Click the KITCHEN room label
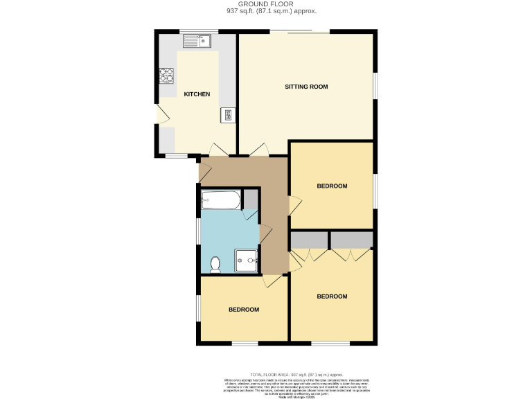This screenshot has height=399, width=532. coord(197,94)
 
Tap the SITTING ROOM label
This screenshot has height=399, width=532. coord(306,87)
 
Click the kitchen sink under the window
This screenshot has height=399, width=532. coord(197,42)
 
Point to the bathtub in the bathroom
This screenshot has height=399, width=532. coord(220,202)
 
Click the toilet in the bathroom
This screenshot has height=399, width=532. coord(215,263)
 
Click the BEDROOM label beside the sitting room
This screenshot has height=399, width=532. coord(332,186)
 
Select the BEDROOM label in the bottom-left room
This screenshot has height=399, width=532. coord(244,309)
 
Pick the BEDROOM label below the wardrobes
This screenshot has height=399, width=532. coord(332,296)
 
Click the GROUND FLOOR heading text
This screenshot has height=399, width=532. coord(266,4)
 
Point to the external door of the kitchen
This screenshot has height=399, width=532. coord(161,115)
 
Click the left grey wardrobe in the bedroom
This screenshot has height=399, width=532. coord(309,240)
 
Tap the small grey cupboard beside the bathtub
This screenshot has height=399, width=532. coord(250,200)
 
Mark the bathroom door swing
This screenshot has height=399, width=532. coord(265,233)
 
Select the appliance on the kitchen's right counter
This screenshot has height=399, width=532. coord(227,115)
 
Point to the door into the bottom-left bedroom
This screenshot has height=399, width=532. coord(272,281)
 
